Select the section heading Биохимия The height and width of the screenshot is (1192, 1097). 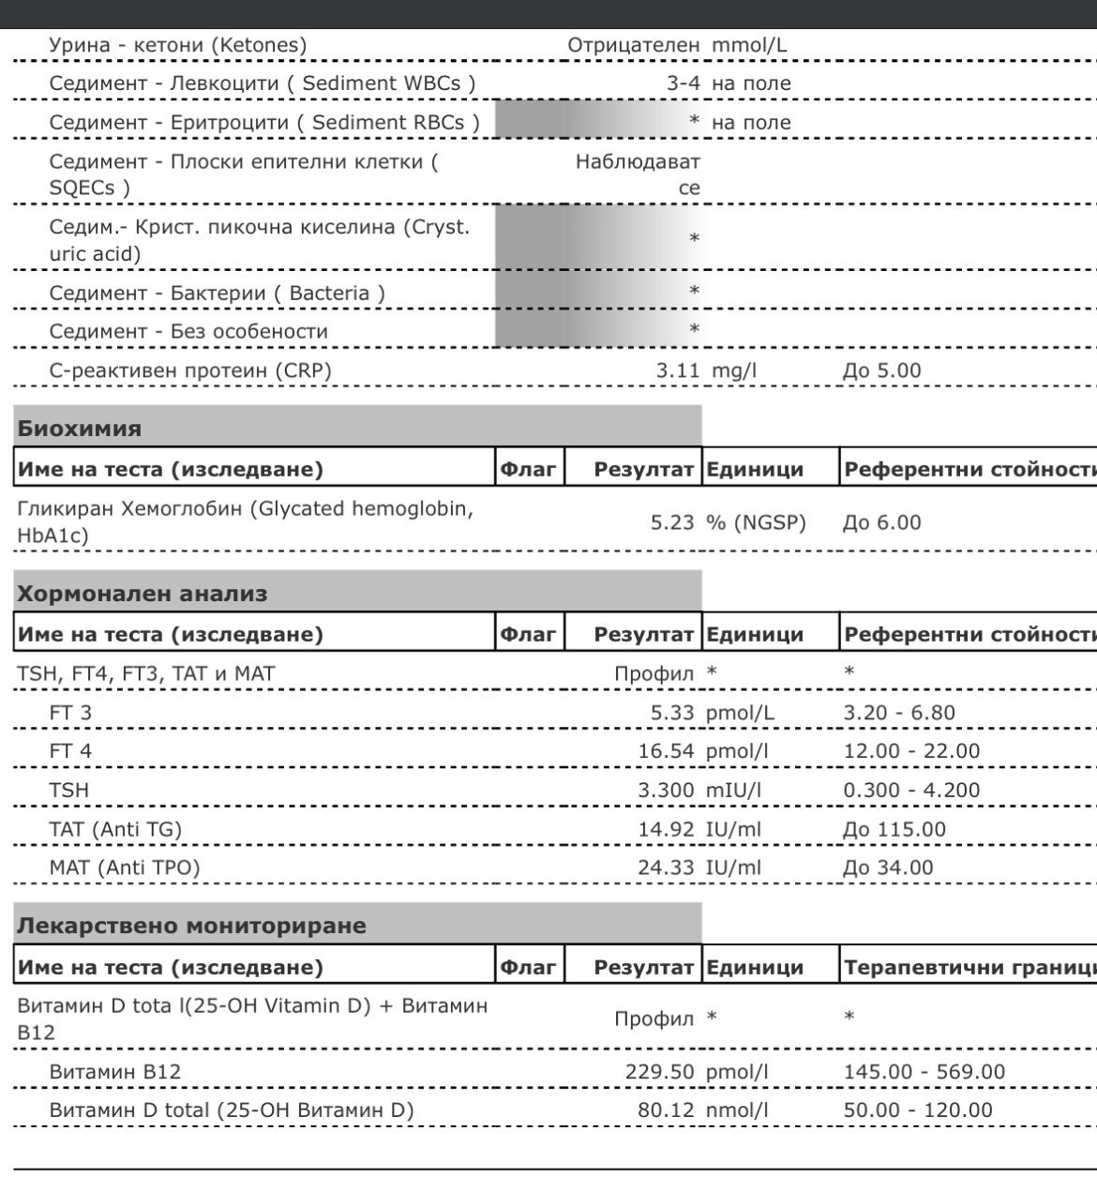tap(80, 429)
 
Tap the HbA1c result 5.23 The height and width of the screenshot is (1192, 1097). tap(672, 522)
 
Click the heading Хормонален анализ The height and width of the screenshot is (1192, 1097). tap(143, 594)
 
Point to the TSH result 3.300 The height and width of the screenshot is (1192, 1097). tap(666, 790)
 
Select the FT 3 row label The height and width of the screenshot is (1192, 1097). tap(70, 713)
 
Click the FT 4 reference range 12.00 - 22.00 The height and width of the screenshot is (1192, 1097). tap(911, 751)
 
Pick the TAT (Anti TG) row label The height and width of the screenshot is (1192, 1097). tap(115, 829)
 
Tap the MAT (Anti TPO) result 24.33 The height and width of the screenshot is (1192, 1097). tap(666, 868)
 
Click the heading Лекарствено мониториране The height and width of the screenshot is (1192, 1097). tap(191, 926)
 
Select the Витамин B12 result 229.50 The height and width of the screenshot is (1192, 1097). tap(660, 1072)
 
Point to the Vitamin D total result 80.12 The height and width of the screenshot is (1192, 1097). tap(666, 1110)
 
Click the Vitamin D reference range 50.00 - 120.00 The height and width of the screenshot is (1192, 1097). tap(918, 1110)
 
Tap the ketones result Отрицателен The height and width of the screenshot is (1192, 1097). tap(633, 45)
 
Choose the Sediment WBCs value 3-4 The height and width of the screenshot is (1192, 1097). tap(683, 83)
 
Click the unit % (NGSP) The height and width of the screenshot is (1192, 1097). tap(756, 522)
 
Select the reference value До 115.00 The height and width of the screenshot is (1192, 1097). tap(894, 829)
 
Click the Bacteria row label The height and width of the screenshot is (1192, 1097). tap(217, 293)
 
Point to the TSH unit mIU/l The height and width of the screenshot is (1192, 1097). tap(733, 790)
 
